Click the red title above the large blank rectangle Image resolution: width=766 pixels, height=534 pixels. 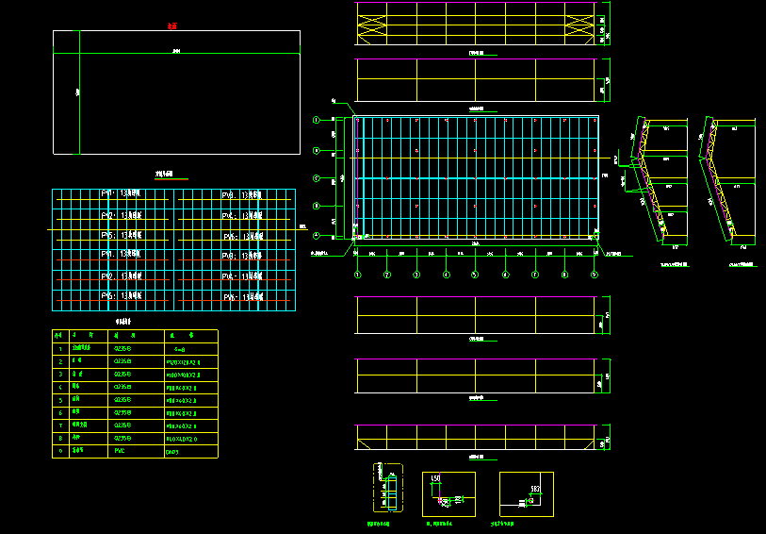[171, 26]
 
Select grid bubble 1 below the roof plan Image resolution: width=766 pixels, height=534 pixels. [358, 275]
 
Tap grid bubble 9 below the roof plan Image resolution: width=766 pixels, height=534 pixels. [595, 275]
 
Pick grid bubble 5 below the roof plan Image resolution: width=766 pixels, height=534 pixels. [475, 275]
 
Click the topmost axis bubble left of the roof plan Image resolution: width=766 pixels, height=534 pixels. [318, 119]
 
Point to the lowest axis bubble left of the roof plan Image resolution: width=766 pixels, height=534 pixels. [318, 236]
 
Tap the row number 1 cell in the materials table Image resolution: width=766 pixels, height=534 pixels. [60, 348]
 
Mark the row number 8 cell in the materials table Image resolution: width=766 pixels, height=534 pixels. [60, 438]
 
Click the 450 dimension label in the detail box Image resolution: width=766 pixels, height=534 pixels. [435, 479]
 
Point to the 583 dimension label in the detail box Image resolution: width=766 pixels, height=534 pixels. [534, 487]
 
